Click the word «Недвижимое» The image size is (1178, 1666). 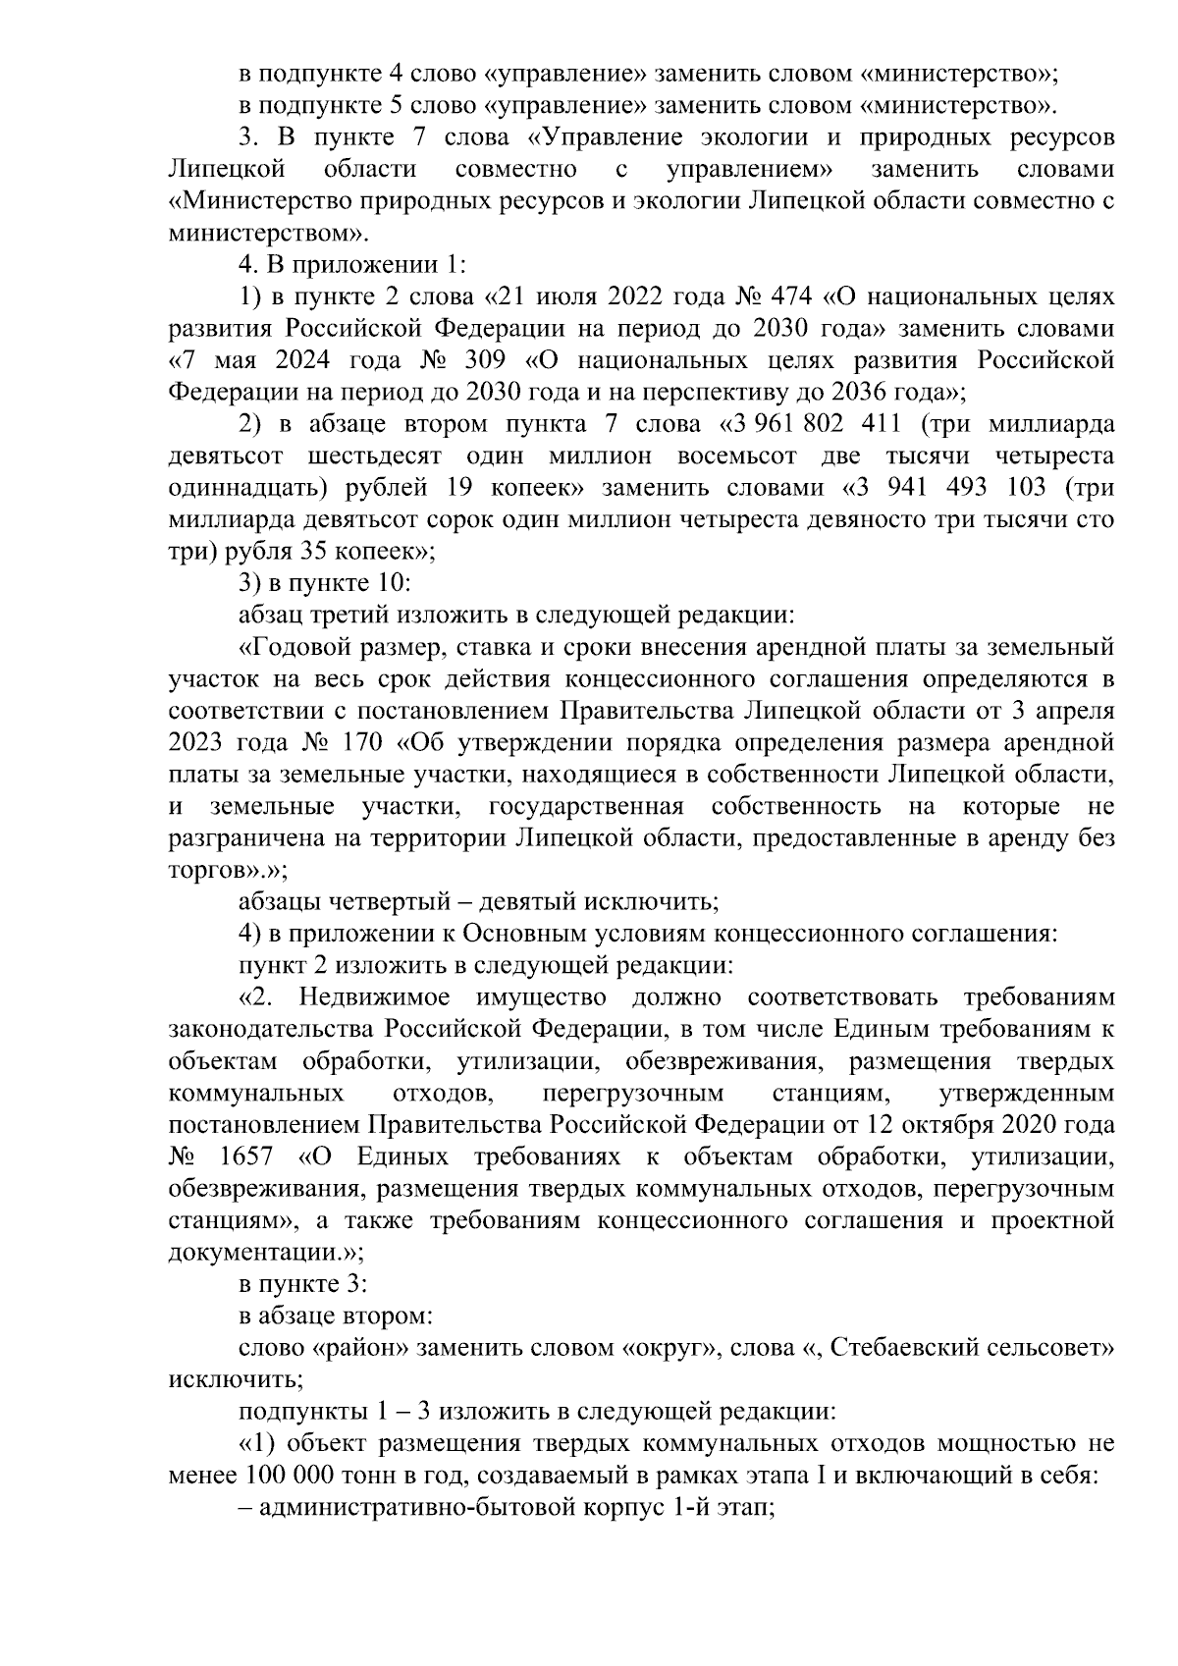coord(375,997)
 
